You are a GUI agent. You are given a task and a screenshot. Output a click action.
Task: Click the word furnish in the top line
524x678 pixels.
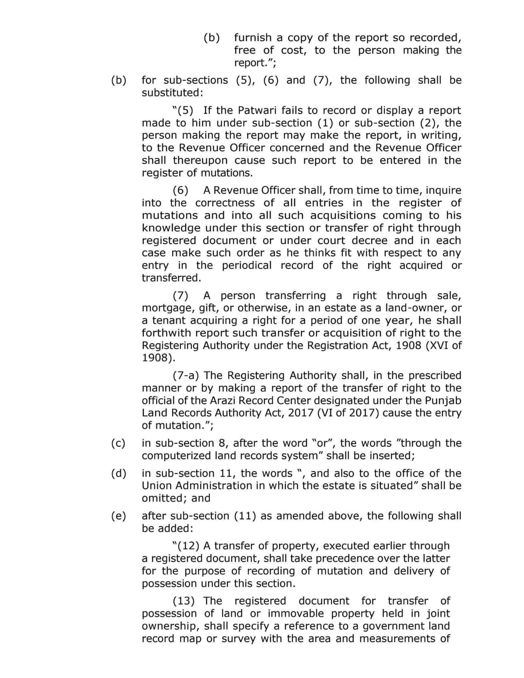pyautogui.click(x=253, y=38)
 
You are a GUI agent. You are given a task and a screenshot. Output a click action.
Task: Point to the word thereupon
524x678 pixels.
pyautogui.click(x=200, y=161)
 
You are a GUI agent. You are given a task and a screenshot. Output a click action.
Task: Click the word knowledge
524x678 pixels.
pyautogui.click(x=171, y=228)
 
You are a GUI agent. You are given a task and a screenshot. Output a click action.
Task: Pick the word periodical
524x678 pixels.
pyautogui.click(x=247, y=266)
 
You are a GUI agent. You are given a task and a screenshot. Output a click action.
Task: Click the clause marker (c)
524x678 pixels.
pyautogui.click(x=118, y=443)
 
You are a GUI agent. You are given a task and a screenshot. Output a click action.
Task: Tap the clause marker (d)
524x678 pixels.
pyautogui.click(x=118, y=473)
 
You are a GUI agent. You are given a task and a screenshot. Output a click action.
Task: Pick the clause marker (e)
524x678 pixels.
pyautogui.click(x=118, y=516)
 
